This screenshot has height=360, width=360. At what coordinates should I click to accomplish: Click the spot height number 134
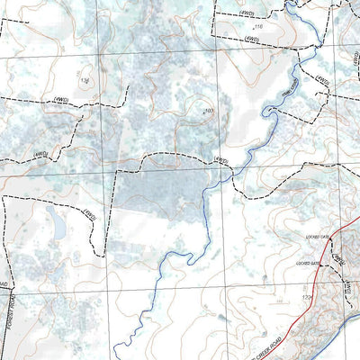85,81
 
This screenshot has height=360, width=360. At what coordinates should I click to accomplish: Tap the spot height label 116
258,28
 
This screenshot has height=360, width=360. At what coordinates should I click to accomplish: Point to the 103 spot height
209,111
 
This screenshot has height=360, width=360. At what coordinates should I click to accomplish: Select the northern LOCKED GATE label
319,236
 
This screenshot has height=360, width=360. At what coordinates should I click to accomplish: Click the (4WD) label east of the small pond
88,214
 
